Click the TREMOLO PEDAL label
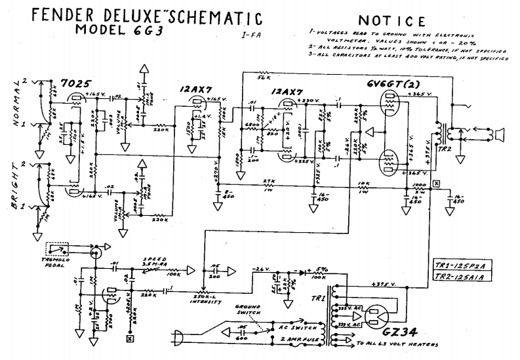57,262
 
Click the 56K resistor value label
264,77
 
